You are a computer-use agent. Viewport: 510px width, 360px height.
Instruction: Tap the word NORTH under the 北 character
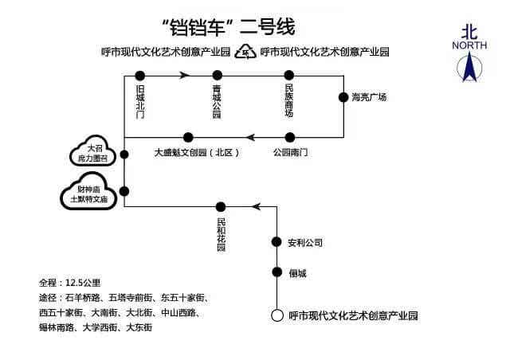pos(469,45)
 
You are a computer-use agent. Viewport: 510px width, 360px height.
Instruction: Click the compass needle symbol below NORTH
pos(469,68)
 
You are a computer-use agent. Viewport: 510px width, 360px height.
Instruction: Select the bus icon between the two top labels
pos(246,53)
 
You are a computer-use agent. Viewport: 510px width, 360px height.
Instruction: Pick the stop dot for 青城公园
pos(217,76)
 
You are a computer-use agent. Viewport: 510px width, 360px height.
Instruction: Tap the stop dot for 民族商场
pos(289,76)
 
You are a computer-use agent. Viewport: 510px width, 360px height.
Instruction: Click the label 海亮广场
pos(369,97)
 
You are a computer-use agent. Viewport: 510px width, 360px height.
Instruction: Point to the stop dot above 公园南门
pos(289,137)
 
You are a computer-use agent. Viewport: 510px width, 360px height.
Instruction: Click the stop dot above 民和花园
pos(222,207)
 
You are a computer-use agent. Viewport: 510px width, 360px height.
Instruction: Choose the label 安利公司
pos(306,242)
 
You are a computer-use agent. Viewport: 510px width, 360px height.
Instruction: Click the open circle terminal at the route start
pos(277,315)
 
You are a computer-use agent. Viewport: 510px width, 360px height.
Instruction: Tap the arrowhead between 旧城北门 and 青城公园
pos(185,76)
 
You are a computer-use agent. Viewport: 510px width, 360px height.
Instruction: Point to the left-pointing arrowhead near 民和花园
pos(255,207)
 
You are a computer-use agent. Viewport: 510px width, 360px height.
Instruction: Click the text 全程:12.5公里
pos(69,283)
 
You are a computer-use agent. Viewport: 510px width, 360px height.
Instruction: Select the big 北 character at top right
pos(469,30)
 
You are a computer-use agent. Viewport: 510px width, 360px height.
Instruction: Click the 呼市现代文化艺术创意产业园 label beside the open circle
pos(353,315)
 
